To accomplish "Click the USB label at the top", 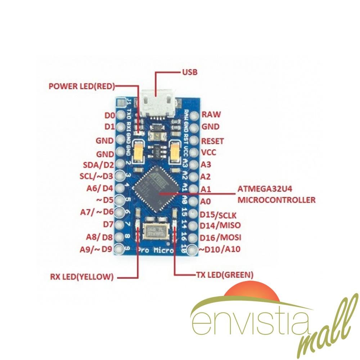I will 189,72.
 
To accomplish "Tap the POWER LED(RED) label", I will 82,86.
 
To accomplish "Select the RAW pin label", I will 211,115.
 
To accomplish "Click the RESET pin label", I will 213,141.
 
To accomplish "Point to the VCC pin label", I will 209,152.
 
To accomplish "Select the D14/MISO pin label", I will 221,226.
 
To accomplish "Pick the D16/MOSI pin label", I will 221,238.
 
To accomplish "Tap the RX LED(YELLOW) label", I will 82,277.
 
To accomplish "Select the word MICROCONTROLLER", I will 276,199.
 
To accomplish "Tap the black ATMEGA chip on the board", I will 157,190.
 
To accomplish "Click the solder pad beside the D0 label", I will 120,115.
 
